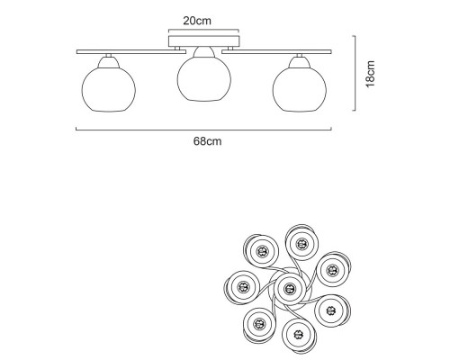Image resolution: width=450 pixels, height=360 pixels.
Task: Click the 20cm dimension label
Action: tap(197, 21)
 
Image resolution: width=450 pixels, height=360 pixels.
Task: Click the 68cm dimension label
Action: tap(208, 141)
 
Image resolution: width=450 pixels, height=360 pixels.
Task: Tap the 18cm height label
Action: tap(371, 74)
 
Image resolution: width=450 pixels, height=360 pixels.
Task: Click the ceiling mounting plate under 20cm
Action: tap(204, 41)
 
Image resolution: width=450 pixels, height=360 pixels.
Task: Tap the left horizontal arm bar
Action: tap(131, 52)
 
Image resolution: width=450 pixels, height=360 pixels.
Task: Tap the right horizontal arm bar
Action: tap(276, 52)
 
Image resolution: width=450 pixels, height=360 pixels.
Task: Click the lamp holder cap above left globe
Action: tap(109, 62)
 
